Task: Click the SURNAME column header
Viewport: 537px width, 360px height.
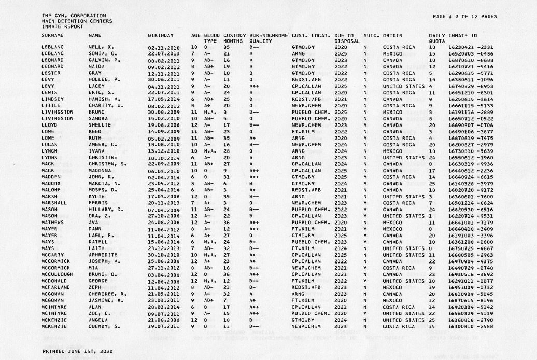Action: [52, 35]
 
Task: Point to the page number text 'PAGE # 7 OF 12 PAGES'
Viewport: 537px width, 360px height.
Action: [464, 16]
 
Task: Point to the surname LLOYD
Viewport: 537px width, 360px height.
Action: [49, 124]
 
